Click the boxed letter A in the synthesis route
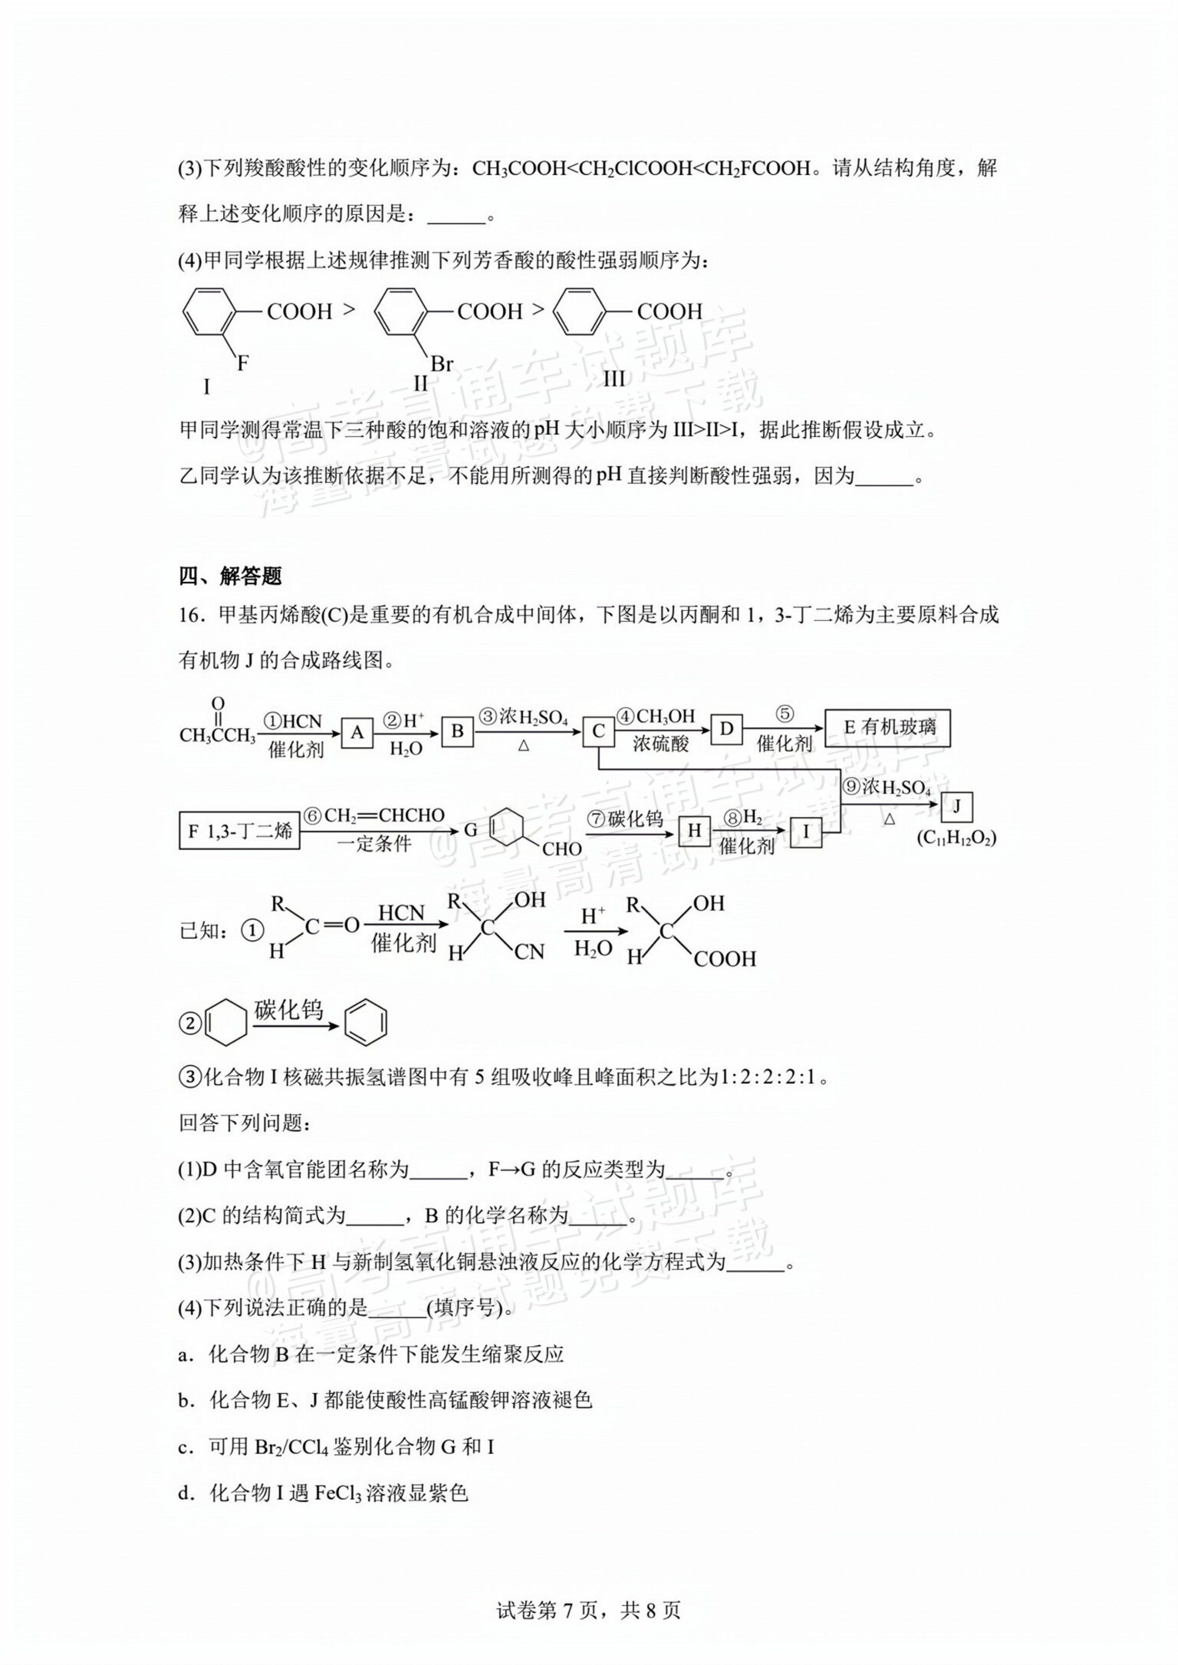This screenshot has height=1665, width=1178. (357, 733)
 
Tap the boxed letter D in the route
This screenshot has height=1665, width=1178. (726, 729)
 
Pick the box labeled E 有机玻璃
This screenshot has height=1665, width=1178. (887, 727)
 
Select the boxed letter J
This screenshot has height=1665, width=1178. (956, 806)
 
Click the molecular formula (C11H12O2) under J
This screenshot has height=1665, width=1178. (956, 838)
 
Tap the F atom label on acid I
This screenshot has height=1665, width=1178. (243, 364)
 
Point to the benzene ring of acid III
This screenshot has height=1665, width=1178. (578, 312)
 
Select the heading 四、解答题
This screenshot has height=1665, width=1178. (230, 576)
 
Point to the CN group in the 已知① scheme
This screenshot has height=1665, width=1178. (529, 952)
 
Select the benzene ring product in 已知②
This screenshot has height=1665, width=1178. (365, 1023)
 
